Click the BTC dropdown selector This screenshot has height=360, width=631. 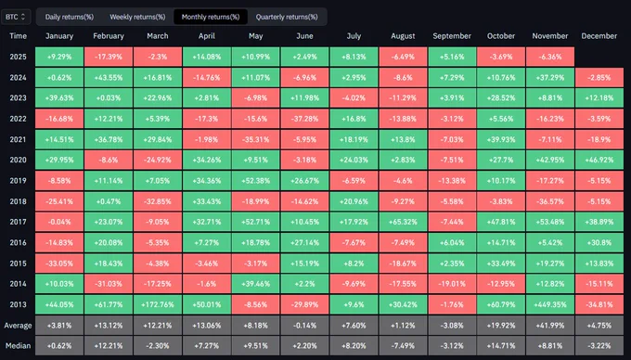[16, 17]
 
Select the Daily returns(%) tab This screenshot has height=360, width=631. [70, 17]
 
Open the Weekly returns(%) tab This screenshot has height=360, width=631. [137, 17]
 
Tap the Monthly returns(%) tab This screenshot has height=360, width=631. [211, 17]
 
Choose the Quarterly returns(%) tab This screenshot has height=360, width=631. [287, 17]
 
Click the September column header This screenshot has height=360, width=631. [452, 36]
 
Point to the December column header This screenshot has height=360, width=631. [599, 36]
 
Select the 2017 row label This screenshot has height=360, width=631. [19, 222]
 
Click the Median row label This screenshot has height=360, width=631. [19, 346]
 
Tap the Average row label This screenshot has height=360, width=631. [19, 326]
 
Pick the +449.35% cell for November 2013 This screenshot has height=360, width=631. [550, 304]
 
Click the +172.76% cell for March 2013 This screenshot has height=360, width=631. [158, 304]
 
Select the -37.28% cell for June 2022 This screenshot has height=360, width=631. [304, 119]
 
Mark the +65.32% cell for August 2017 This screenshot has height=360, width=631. [403, 222]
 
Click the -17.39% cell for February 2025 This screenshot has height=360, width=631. [109, 57]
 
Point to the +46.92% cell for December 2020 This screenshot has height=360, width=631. [599, 161]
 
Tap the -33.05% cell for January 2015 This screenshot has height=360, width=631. [59, 264]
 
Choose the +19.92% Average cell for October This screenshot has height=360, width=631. [501, 326]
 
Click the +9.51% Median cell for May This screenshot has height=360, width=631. [255, 346]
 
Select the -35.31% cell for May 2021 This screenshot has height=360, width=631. [255, 139]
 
